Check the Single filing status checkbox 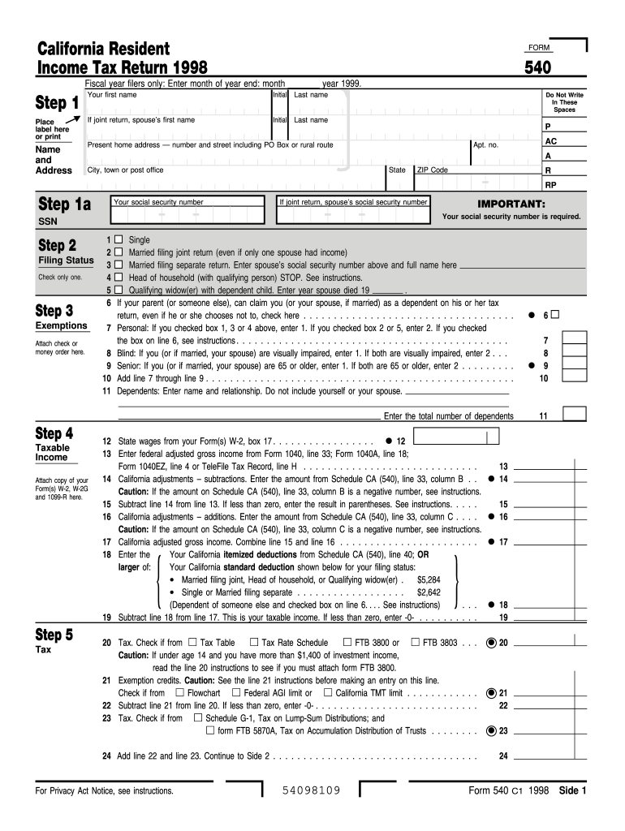[x=119, y=240]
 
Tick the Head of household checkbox [x=119, y=277]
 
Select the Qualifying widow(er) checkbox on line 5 [x=119, y=289]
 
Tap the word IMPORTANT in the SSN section [x=511, y=204]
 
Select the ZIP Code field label [x=432, y=170]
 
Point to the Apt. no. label [x=485, y=144]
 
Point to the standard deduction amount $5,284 [x=428, y=580]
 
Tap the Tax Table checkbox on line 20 [x=192, y=642]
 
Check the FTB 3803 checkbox [x=415, y=642]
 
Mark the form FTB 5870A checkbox [x=210, y=730]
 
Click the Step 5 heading [x=54, y=635]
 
